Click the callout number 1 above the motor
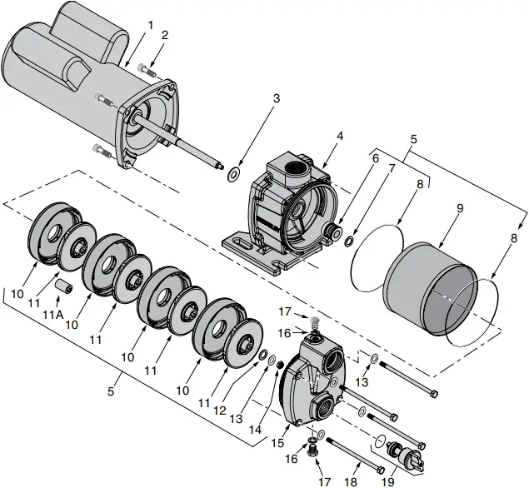pyautogui.click(x=150, y=24)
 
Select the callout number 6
pyautogui.click(x=375, y=157)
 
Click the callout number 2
pyautogui.click(x=165, y=35)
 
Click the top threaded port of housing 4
pyautogui.click(x=293, y=168)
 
